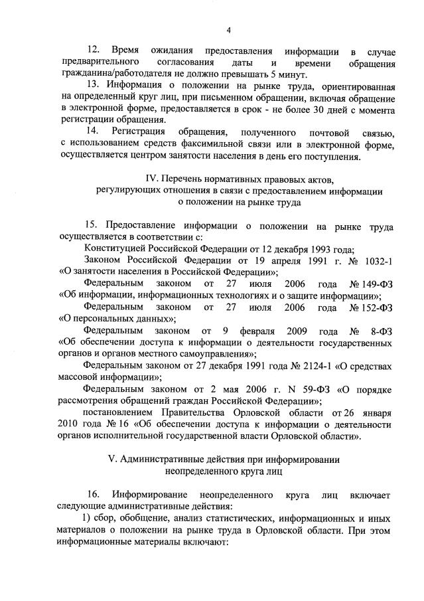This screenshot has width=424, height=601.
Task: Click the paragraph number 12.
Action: coord(94,51)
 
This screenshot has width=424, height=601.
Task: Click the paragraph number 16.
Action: coord(94,495)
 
